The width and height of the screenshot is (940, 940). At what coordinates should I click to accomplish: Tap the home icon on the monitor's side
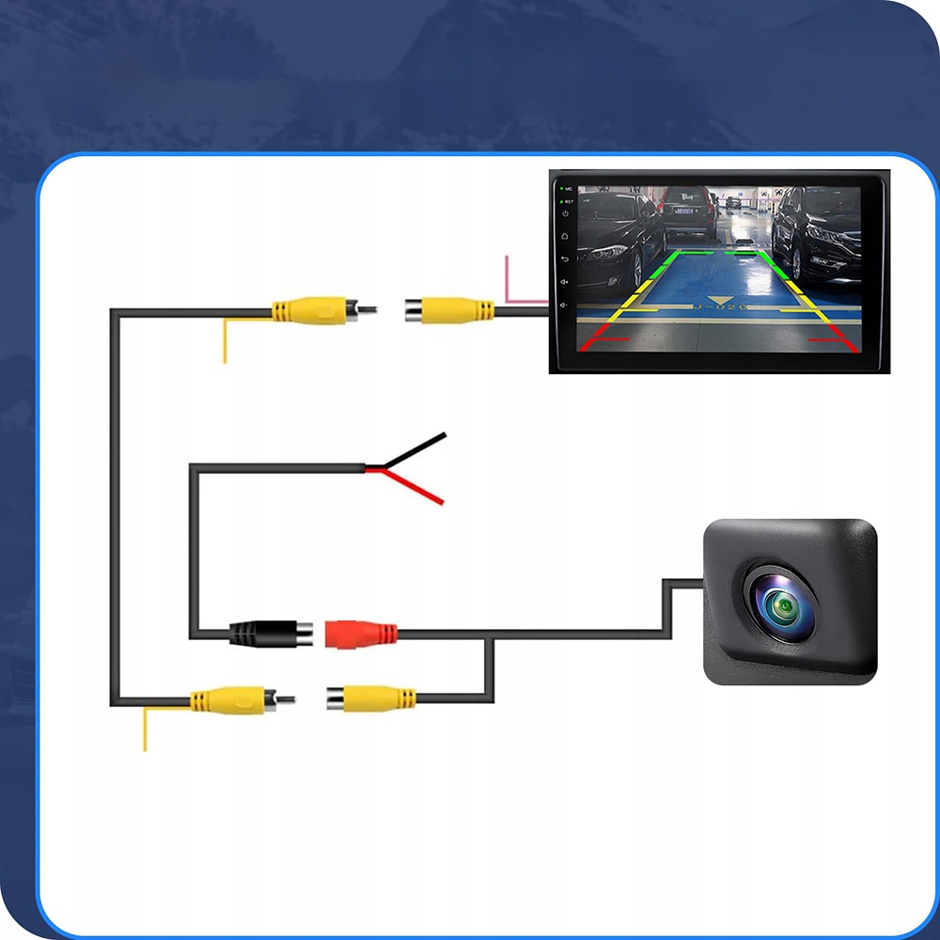[564, 238]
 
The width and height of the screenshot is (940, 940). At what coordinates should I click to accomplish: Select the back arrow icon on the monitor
[564, 259]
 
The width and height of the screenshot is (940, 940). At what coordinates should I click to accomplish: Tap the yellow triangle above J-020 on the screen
[720, 299]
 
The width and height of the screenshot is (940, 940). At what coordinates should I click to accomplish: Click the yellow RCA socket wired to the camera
[371, 698]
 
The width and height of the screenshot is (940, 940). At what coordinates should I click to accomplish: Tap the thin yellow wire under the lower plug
[145, 730]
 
